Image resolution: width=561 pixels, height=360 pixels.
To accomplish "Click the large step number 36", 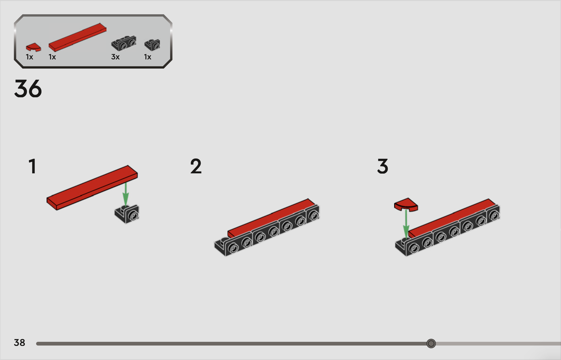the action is pyautogui.click(x=28, y=88).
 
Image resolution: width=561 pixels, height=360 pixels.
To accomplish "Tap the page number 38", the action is pyautogui.click(x=19, y=343).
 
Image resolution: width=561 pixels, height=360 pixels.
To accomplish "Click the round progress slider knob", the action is pyautogui.click(x=431, y=343).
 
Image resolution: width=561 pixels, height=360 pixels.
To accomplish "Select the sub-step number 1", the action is pyautogui.click(x=33, y=166).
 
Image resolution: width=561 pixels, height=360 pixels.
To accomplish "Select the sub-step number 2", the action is pyautogui.click(x=196, y=166).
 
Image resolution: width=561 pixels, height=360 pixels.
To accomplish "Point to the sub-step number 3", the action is pyautogui.click(x=383, y=166).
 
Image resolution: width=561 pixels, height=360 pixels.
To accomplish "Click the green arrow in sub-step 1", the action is pyautogui.click(x=125, y=195).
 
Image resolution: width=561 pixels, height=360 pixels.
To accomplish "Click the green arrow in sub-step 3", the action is pyautogui.click(x=406, y=224).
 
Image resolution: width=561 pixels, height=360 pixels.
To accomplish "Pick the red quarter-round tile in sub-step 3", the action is pyautogui.click(x=406, y=205).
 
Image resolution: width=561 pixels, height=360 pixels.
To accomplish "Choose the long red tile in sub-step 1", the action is pyautogui.click(x=92, y=188).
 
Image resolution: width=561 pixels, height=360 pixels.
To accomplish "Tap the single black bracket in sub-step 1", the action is pyautogui.click(x=127, y=214).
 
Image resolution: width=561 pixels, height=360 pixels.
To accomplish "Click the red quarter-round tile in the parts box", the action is pyautogui.click(x=33, y=47).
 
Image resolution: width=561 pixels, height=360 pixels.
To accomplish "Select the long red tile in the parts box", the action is pyautogui.click(x=77, y=37).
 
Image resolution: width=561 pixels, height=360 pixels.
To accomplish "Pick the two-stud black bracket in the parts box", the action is pyautogui.click(x=124, y=43).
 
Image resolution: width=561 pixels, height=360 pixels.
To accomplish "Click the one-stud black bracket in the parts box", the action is pyautogui.click(x=152, y=45).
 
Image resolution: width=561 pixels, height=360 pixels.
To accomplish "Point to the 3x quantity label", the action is pyautogui.click(x=115, y=57).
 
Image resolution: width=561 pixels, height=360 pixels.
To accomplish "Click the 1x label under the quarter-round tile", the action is pyautogui.click(x=29, y=57).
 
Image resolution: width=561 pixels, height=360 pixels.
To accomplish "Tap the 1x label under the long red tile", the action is pyautogui.click(x=52, y=57).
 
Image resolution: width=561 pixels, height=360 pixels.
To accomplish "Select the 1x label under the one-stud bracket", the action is pyautogui.click(x=148, y=57).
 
